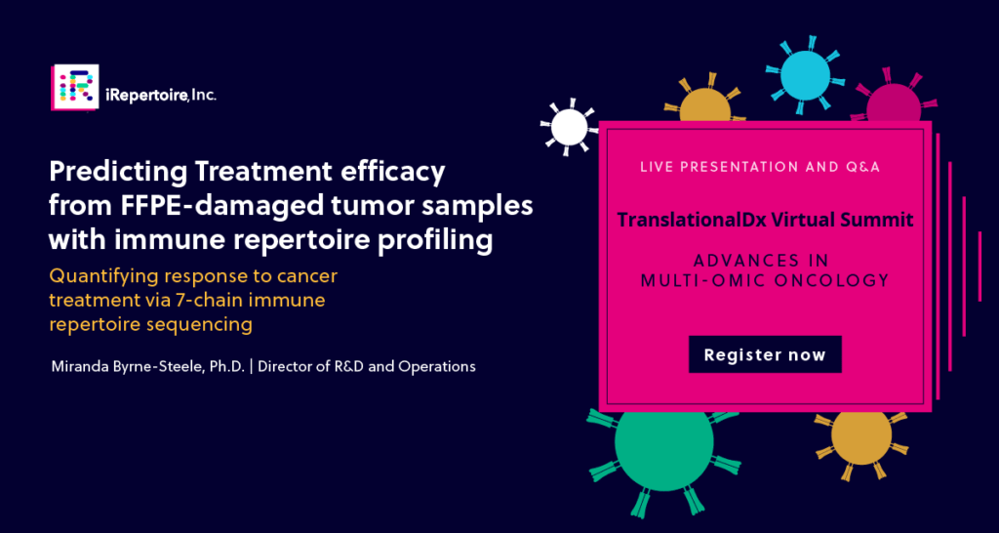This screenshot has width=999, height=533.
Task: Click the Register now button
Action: click(765, 354)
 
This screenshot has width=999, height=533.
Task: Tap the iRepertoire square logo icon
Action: click(75, 87)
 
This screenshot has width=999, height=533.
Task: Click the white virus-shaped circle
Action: click(569, 127)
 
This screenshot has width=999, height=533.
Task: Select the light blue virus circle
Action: click(805, 75)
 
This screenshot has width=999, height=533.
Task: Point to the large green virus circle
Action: click(663, 442)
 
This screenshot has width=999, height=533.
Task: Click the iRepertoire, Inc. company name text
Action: click(161, 96)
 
